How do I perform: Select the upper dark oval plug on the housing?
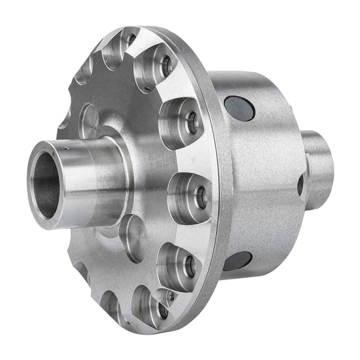[x=239, y=108]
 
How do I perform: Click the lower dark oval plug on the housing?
[x=237, y=261]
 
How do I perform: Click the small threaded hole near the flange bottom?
[x=170, y=295]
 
